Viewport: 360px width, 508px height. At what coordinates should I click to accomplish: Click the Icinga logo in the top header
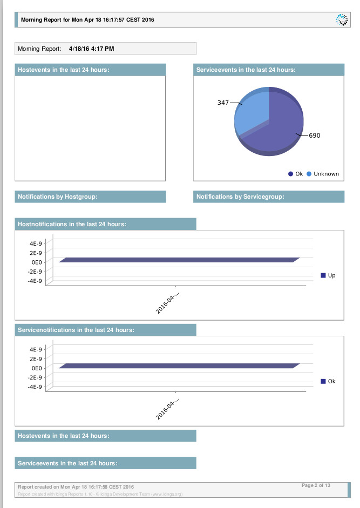coord(342,20)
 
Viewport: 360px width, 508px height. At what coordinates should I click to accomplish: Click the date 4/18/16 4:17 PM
coord(91,49)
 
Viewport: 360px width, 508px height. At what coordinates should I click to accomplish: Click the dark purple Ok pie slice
coord(275,130)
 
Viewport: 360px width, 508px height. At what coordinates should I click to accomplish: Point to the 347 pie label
coord(223,103)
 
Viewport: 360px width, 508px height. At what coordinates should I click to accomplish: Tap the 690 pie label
coord(314,136)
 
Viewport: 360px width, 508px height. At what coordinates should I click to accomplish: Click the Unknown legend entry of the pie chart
coord(323,174)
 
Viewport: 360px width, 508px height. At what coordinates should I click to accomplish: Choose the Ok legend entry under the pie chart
coord(296,174)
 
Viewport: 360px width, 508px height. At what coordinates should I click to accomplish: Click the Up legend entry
coord(328,275)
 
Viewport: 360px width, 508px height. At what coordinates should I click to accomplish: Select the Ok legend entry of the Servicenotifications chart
coord(328,381)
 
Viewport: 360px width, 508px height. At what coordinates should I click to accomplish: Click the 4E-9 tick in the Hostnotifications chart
coord(36,243)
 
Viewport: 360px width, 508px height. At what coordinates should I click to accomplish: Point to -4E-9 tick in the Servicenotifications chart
coord(35,387)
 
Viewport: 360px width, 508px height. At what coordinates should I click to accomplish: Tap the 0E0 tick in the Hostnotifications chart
coord(37,262)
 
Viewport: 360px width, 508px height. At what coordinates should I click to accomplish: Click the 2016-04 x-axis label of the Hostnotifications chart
coord(167,303)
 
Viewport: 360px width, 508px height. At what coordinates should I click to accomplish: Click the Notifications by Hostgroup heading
coord(58,197)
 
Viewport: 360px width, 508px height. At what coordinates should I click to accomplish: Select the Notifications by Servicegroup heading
coord(240,197)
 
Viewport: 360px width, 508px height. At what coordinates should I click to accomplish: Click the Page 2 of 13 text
coord(316,485)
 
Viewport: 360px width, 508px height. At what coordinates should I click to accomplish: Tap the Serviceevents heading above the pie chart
coord(246,70)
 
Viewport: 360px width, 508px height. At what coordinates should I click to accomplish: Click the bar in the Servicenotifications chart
coord(179,366)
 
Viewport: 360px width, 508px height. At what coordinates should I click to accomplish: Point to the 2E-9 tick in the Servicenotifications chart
coord(36,359)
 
